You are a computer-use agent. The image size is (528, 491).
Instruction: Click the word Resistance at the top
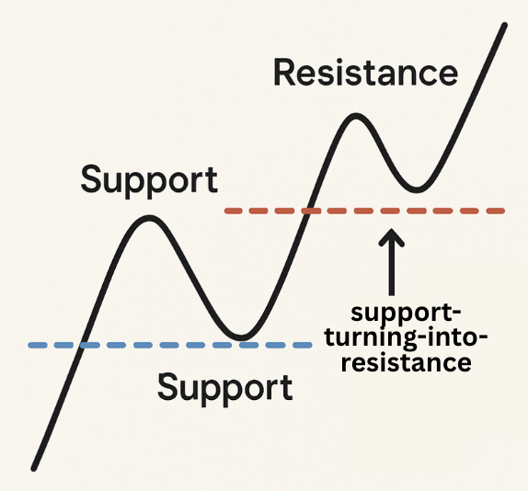click(x=366, y=73)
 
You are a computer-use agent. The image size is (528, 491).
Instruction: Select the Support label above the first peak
click(x=149, y=180)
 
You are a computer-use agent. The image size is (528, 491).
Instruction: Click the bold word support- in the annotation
click(x=406, y=314)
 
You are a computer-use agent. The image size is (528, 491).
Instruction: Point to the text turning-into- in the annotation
click(x=406, y=337)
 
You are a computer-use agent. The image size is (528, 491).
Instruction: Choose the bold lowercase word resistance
click(x=406, y=362)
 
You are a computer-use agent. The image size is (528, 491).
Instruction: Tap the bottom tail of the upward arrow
click(x=391, y=294)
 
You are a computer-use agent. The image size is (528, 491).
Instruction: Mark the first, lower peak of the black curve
click(x=149, y=218)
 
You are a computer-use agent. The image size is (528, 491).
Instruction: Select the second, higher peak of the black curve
click(x=356, y=117)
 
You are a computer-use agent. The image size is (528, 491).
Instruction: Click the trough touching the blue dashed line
click(x=241, y=337)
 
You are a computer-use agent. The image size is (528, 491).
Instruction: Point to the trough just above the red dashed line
click(x=418, y=189)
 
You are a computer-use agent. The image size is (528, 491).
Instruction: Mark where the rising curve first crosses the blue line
click(x=83, y=345)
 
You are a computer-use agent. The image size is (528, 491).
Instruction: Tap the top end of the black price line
click(x=504, y=25)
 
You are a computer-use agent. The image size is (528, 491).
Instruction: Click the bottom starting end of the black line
click(x=34, y=468)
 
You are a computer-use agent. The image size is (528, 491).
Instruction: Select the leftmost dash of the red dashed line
click(x=234, y=211)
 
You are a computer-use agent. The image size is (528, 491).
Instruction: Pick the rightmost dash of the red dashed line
click(x=496, y=211)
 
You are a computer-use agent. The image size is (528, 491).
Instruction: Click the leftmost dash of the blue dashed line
click(x=37, y=345)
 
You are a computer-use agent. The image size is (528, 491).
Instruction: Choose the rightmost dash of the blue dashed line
click(x=303, y=345)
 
